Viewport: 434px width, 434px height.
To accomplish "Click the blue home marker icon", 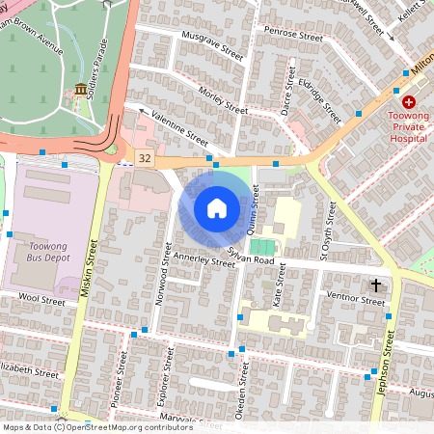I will pyautogui.click(x=217, y=208).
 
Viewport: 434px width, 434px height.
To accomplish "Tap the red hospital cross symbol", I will pyautogui.click(x=409, y=101).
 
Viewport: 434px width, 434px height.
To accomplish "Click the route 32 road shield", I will pyautogui.click(x=145, y=157).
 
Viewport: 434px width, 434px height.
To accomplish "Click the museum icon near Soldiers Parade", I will pyautogui.click(x=78, y=90).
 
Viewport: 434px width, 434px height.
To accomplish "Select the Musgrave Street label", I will pyautogui.click(x=212, y=44).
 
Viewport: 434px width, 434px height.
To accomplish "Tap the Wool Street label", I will pyautogui.click(x=41, y=301).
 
